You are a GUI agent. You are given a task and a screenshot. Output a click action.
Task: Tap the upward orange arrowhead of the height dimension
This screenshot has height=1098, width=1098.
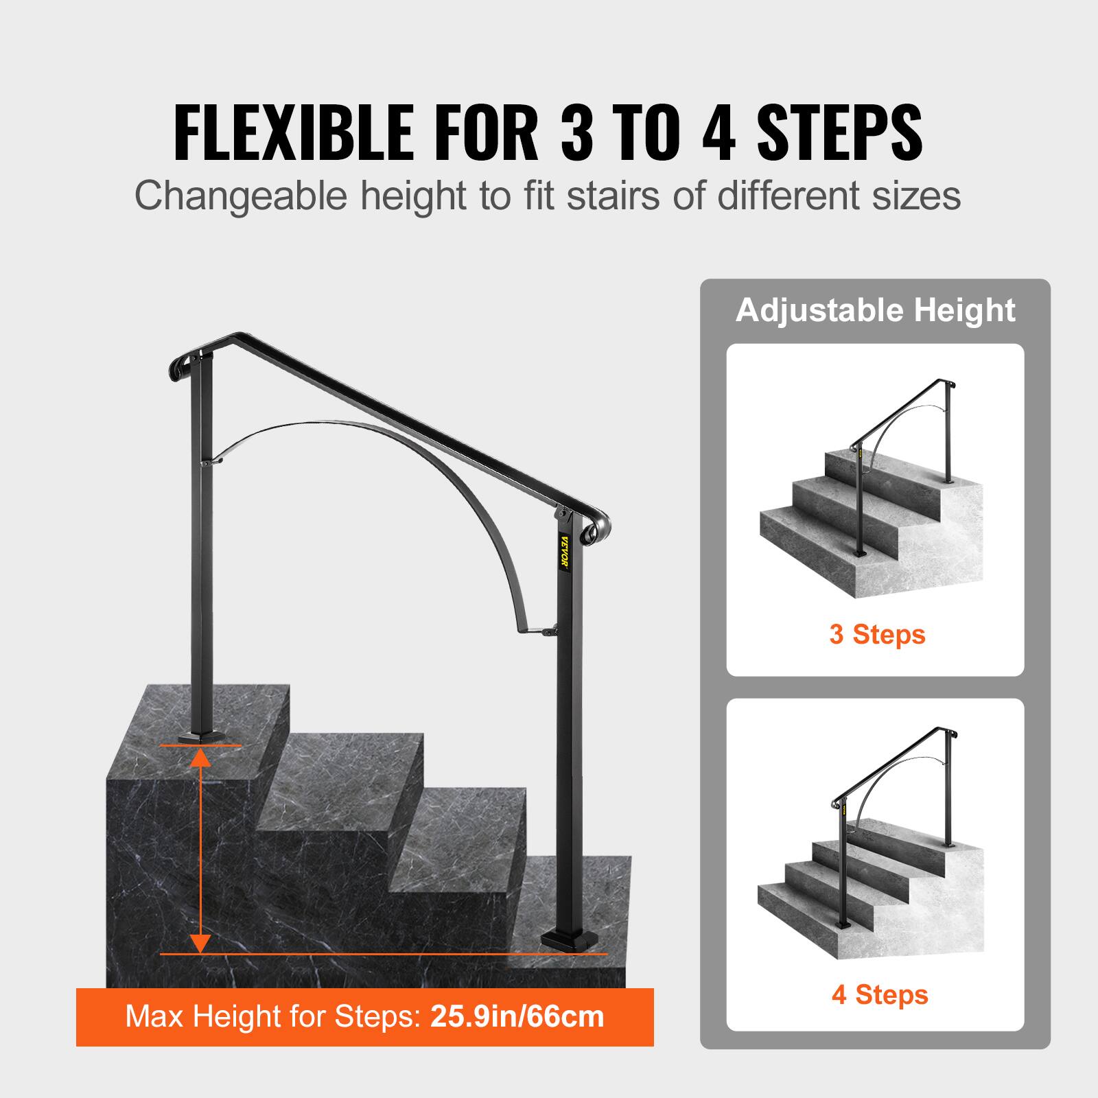[200, 757]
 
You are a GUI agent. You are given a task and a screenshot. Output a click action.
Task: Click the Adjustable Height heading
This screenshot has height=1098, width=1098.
[875, 310]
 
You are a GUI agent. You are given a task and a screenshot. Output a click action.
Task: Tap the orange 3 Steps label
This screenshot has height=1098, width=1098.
[877, 634]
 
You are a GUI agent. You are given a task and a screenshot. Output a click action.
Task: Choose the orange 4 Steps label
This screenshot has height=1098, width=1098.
[880, 994]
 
